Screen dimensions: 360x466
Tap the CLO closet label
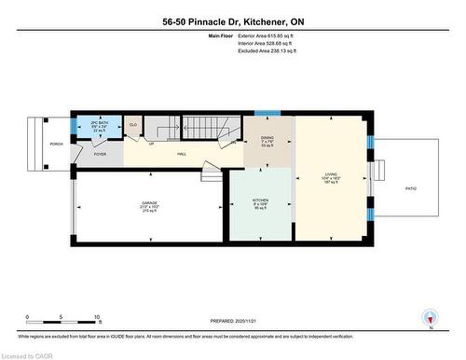pyautogui.click(x=133, y=124)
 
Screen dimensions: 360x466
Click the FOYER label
pyautogui.click(x=100, y=154)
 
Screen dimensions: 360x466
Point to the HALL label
pyautogui.click(x=182, y=154)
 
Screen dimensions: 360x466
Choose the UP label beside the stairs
pyautogui.click(x=151, y=145)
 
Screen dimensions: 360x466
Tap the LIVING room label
pyautogui.click(x=331, y=173)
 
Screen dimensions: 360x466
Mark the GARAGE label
pyautogui.click(x=149, y=205)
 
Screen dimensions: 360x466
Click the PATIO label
pyautogui.click(x=411, y=188)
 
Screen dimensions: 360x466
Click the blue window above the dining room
pyautogui.click(x=267, y=113)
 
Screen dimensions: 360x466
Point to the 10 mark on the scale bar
pyautogui.click(x=97, y=317)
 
